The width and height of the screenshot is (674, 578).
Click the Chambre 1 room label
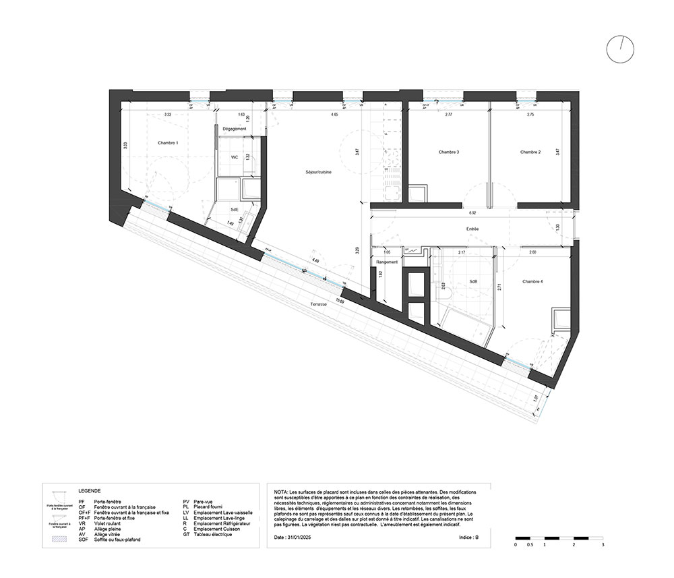pyautogui.click(x=168, y=143)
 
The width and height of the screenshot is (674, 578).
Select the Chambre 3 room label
pyautogui.click(x=448, y=152)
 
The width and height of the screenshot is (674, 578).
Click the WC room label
pyautogui.click(x=235, y=157)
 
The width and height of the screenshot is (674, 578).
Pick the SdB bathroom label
pyautogui.click(x=473, y=283)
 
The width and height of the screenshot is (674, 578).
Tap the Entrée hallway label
pyautogui.click(x=472, y=229)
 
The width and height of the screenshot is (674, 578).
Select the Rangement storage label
pyautogui.click(x=387, y=262)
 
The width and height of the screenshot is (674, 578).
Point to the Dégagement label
pyautogui.click(x=235, y=129)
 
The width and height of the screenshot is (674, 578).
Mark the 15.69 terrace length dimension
pyautogui.click(x=340, y=301)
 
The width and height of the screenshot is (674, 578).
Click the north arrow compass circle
pyautogui.click(x=620, y=49)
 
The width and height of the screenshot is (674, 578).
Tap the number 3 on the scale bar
pyautogui.click(x=603, y=544)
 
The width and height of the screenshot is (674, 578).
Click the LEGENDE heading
pyautogui.click(x=90, y=492)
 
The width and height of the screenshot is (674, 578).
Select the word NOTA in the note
pyautogui.click(x=281, y=494)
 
